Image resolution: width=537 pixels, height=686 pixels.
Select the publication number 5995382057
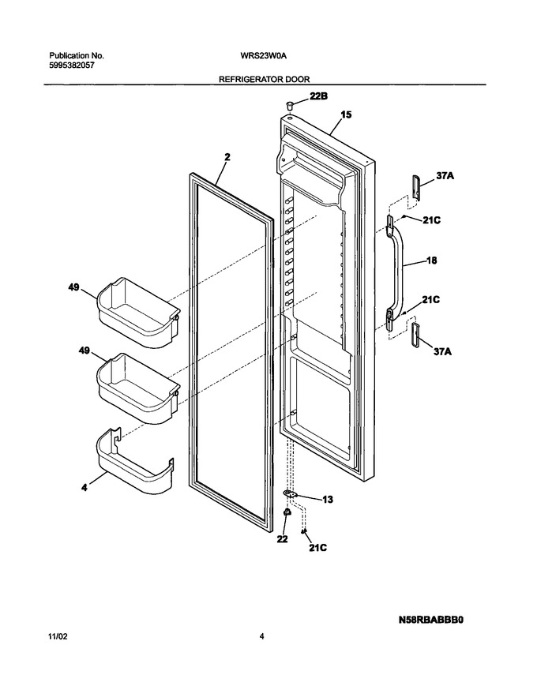click(71, 66)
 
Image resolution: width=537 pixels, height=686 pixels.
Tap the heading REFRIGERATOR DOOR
click(265, 79)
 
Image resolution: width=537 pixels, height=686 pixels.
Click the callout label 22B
click(318, 96)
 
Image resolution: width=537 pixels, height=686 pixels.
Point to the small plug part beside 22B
click(290, 105)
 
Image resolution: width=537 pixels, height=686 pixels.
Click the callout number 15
click(346, 114)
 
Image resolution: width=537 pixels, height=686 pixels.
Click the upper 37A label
click(445, 176)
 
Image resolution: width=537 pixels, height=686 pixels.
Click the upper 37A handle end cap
click(415, 188)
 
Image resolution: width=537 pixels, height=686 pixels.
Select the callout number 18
click(431, 261)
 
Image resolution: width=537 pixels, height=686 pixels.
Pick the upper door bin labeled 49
click(138, 313)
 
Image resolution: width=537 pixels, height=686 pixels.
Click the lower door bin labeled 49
click(138, 388)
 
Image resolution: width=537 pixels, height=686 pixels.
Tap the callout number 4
click(84, 486)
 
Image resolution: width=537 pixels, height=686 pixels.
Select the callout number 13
click(328, 499)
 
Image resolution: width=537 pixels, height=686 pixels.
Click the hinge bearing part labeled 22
click(287, 512)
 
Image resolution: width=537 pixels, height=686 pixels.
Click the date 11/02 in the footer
click(58, 637)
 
